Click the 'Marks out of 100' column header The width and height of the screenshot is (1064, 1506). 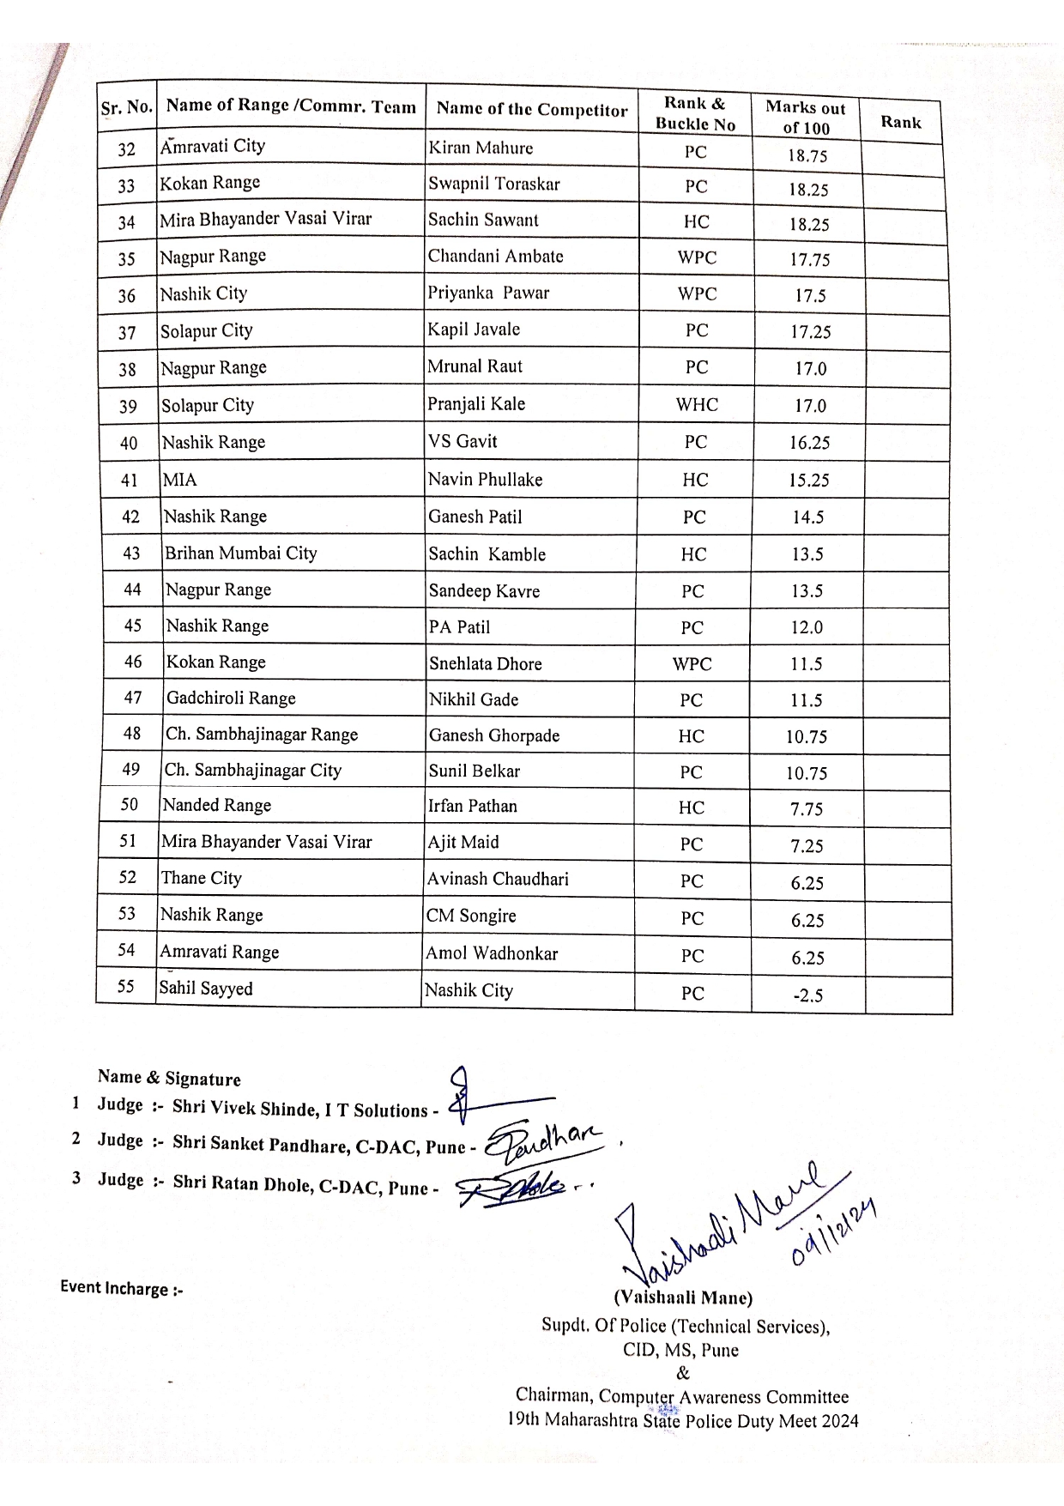[806, 118]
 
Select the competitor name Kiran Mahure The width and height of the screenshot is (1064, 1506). [481, 148]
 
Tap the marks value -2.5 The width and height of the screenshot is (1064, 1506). [807, 995]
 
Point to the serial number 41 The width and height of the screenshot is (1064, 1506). [130, 481]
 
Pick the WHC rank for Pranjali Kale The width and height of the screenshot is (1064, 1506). [697, 405]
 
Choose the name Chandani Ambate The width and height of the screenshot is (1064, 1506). [496, 257]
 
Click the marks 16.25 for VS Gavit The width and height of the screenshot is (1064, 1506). [809, 443]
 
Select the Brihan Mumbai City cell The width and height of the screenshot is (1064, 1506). [241, 553]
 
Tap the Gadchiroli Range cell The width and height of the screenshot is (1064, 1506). [231, 699]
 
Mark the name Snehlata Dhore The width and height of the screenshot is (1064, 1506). [486, 664]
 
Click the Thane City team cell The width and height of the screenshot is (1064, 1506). [202, 878]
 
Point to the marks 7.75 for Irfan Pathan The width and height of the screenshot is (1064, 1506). [807, 809]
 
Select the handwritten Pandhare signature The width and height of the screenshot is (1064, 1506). [546, 1140]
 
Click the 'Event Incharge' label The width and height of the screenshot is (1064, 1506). [121, 1289]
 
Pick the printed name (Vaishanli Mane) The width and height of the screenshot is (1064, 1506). [683, 1298]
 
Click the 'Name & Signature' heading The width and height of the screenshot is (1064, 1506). [169, 1079]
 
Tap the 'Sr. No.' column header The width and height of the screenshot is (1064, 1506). [127, 108]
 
